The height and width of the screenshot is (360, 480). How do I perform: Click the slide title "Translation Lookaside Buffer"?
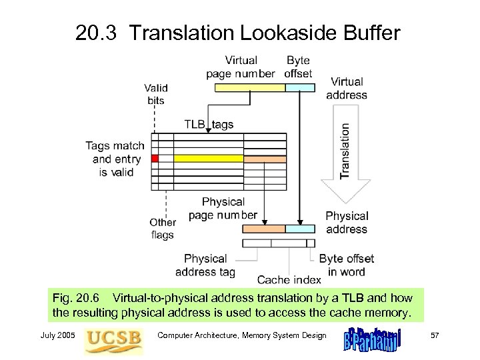[238, 33]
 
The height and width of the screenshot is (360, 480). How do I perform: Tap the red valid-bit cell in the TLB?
[155, 159]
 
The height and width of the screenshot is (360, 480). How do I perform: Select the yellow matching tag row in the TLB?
[208, 159]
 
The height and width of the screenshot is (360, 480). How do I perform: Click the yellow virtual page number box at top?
[245, 87]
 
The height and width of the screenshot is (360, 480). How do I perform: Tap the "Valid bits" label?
[156, 94]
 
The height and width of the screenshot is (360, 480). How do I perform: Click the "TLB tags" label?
[209, 124]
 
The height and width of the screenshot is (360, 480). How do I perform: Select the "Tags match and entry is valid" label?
[114, 159]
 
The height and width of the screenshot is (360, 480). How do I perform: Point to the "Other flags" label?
[163, 228]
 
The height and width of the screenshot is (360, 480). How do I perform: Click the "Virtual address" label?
[347, 88]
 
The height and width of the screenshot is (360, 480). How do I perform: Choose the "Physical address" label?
[347, 223]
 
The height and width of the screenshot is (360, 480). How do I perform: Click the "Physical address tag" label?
[205, 265]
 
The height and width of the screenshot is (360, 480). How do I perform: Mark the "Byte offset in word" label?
[346, 265]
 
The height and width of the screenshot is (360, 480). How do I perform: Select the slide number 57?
[434, 335]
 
